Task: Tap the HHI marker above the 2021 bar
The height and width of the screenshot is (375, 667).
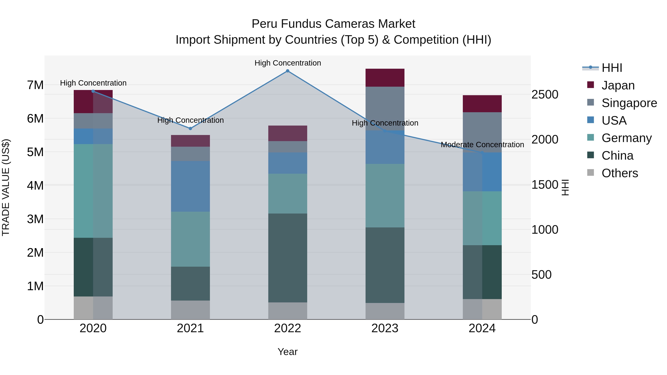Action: [x=190, y=128]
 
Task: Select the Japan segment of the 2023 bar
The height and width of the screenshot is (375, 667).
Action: [x=385, y=78]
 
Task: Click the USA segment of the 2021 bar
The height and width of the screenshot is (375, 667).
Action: [x=190, y=186]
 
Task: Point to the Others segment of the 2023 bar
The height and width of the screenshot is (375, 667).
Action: [x=385, y=311]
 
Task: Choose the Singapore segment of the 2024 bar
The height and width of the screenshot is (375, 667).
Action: [x=482, y=132]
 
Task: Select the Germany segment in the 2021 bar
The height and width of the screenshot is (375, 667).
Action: [x=190, y=239]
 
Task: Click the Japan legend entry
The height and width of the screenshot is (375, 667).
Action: [x=618, y=85]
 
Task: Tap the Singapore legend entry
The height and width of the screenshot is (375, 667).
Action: [x=629, y=103]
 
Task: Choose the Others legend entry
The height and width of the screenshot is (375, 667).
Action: [x=620, y=173]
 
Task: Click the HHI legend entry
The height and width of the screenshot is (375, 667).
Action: [x=612, y=68]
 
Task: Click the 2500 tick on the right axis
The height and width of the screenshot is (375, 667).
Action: [x=545, y=94]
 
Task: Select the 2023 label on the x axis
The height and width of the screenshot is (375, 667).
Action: [x=385, y=328]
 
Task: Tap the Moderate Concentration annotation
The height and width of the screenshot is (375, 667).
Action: [x=482, y=145]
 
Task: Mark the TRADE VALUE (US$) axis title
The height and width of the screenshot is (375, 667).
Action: [x=6, y=187]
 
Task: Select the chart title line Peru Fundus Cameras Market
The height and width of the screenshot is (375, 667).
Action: [x=333, y=24]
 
